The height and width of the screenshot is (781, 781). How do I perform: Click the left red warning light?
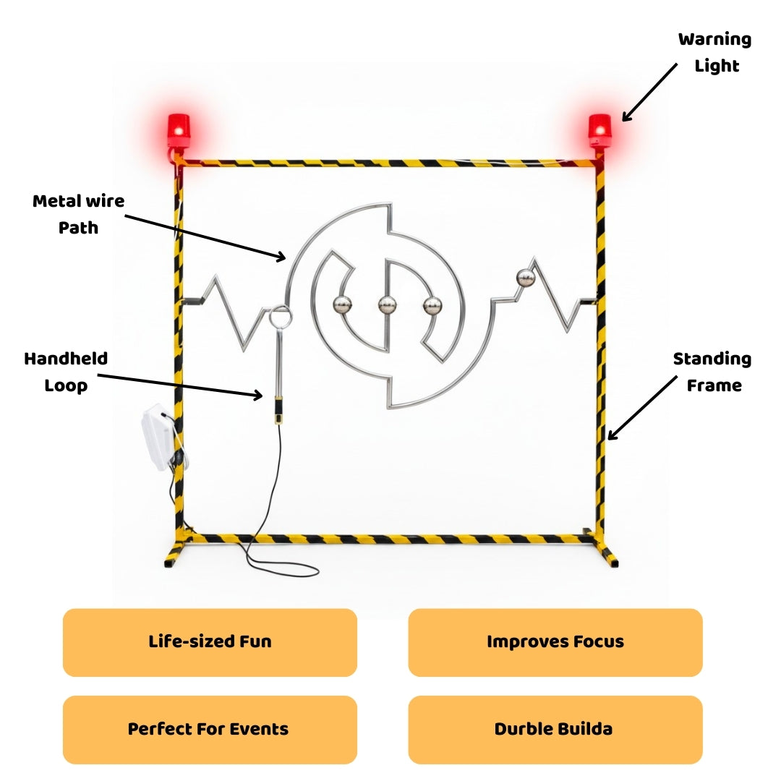click(x=178, y=131)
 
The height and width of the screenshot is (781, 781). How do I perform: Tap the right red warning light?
click(x=599, y=129)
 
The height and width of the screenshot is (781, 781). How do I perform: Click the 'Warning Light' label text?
click(x=714, y=53)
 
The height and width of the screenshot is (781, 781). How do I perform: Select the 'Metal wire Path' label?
click(x=78, y=214)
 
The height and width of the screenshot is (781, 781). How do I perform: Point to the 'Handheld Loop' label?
click(x=66, y=372)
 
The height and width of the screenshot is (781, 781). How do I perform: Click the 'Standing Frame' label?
click(x=712, y=372)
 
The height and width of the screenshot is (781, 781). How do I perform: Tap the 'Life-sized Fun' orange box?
click(x=210, y=642)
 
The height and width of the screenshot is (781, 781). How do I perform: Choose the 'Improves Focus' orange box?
click(x=555, y=642)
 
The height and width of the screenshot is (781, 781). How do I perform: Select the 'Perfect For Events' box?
click(x=210, y=729)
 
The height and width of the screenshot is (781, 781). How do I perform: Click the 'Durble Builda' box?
click(x=555, y=729)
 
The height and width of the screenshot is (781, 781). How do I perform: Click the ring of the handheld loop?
click(x=281, y=316)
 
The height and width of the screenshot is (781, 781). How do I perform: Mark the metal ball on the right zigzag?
click(x=526, y=277)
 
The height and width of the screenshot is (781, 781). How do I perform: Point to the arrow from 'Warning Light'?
click(x=649, y=92)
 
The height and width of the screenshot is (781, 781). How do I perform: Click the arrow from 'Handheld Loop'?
click(x=180, y=385)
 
